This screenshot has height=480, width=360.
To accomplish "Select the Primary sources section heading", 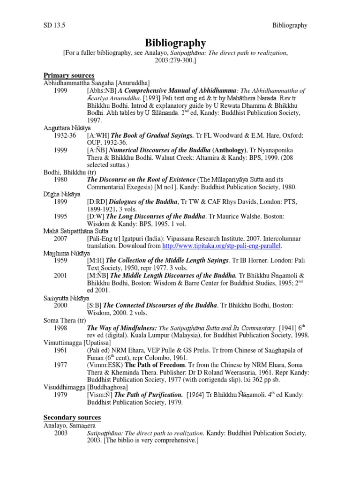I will click(69, 75).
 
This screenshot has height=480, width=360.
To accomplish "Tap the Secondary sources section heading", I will click(72, 417).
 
